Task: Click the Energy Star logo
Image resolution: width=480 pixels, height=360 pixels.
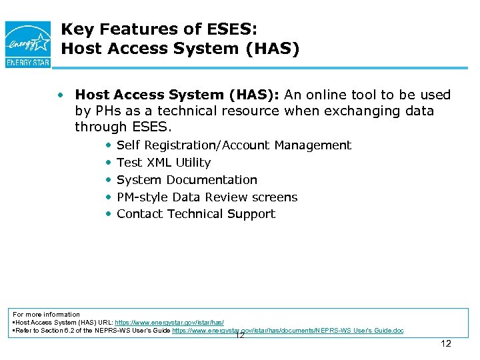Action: click(27, 43)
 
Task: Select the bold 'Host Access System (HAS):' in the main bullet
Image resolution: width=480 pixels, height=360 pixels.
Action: click(177, 95)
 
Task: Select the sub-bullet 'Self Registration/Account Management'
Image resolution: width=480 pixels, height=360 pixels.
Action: click(233, 145)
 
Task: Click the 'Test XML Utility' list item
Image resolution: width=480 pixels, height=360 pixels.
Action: click(163, 163)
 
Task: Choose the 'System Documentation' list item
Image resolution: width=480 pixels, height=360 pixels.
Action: click(187, 180)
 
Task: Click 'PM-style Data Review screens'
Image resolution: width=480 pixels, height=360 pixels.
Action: click(207, 197)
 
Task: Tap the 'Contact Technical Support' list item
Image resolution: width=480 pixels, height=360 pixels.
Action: click(195, 214)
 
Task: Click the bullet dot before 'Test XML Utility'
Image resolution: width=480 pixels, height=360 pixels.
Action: click(109, 163)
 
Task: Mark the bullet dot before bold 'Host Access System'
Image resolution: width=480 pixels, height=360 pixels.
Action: click(61, 95)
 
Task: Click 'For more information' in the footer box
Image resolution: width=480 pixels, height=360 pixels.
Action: click(47, 314)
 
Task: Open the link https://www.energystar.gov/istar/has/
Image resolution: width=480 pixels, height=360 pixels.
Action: click(169, 322)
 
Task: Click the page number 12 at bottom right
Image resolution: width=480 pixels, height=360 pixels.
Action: click(446, 343)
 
